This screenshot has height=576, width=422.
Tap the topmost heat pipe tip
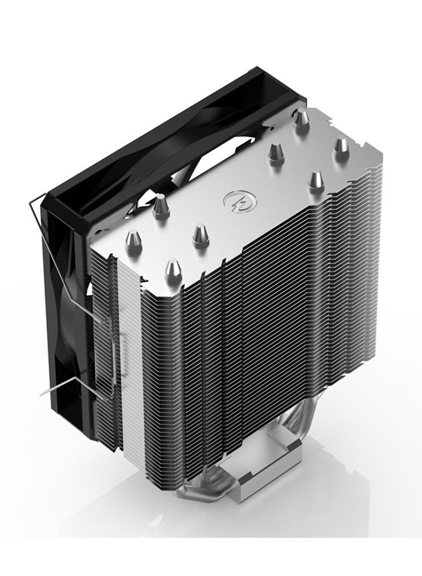click(x=302, y=116)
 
